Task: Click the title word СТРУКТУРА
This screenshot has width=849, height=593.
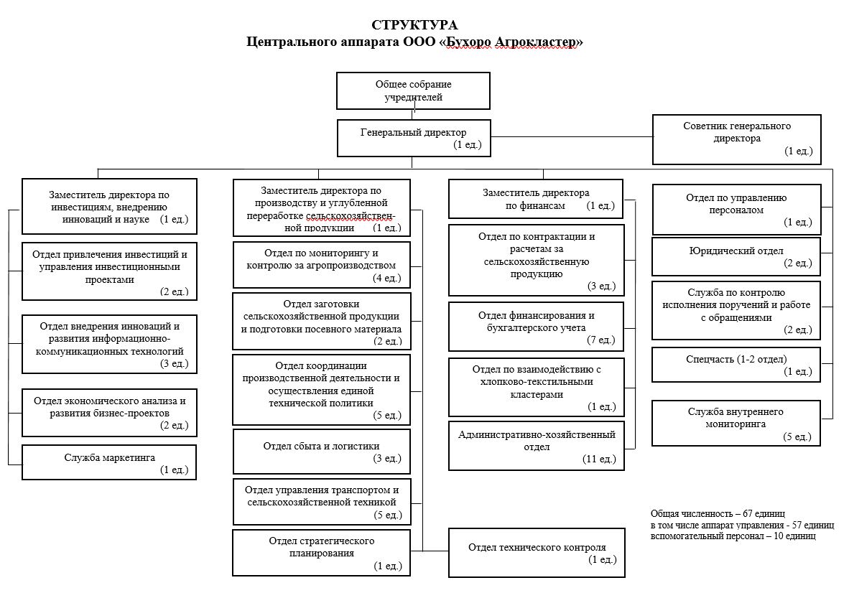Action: tap(414, 27)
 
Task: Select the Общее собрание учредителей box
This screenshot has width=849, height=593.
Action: tap(414, 90)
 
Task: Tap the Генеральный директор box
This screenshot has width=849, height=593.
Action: tap(414, 138)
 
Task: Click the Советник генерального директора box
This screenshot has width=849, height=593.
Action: tap(736, 139)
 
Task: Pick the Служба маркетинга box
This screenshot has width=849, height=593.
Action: tap(108, 462)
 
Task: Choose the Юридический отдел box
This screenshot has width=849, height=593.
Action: tap(736, 256)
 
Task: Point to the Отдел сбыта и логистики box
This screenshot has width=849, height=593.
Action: tap(321, 451)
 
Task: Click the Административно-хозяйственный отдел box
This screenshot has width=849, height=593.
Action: tap(536, 446)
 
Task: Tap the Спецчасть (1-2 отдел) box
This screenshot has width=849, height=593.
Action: tap(736, 365)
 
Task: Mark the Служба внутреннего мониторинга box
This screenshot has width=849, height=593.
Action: tap(736, 423)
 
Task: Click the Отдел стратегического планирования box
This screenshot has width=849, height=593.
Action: tap(321, 552)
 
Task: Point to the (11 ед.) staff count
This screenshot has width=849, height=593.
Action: tap(599, 459)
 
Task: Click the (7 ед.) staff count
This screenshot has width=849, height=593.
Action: tap(601, 340)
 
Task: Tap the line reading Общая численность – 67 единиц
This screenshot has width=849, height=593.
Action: tap(718, 514)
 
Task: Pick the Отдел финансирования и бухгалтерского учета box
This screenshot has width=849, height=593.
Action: tap(536, 327)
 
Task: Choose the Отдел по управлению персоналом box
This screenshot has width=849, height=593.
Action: tap(736, 209)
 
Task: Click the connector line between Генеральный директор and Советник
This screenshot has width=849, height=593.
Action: tap(571, 136)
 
